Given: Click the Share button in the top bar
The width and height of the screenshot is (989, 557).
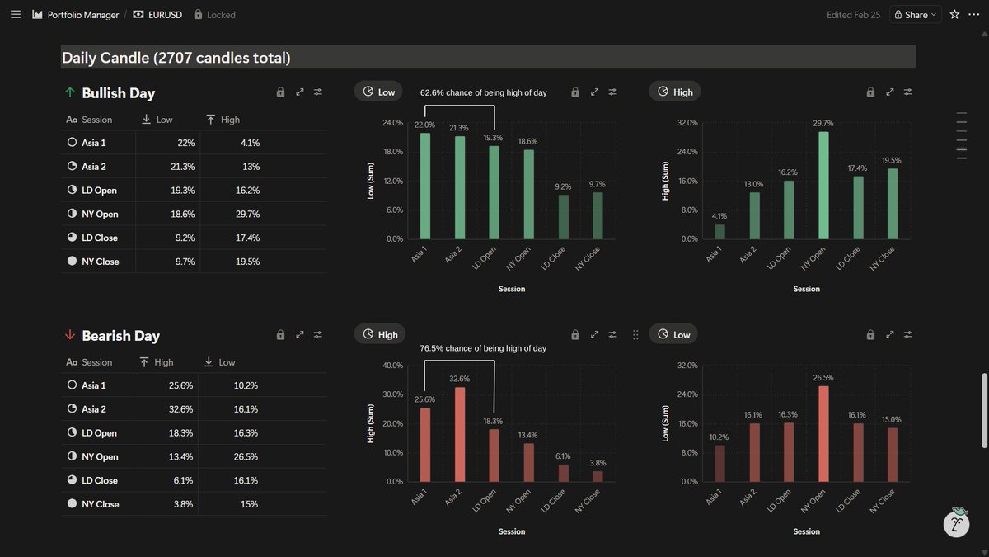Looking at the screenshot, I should (x=915, y=14).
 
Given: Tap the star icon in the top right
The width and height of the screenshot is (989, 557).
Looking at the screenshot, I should (x=954, y=14).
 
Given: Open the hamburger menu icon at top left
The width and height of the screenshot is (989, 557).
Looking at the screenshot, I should (x=15, y=14).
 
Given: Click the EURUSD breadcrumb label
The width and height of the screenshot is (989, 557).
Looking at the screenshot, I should (x=165, y=14).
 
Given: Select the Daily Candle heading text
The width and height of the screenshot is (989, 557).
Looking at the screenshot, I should (x=176, y=58).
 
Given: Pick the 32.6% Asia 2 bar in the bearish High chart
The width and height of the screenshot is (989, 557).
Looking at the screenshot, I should (x=459, y=434).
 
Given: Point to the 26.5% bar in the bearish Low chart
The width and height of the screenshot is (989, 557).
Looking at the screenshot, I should (x=823, y=433).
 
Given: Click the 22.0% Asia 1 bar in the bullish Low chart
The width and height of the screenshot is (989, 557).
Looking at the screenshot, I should (x=424, y=186).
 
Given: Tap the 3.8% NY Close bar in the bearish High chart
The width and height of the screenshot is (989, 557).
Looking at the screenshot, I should (x=598, y=476).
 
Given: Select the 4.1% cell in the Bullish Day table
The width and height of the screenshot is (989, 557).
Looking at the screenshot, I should (x=249, y=143).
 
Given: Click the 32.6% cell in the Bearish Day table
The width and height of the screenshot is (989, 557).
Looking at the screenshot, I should (x=181, y=409).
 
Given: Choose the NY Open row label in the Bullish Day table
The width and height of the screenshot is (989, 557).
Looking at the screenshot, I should (x=100, y=214).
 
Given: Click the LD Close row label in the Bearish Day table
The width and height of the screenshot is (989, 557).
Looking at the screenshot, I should (x=100, y=480).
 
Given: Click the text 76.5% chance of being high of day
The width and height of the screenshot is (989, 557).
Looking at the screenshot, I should (x=483, y=348).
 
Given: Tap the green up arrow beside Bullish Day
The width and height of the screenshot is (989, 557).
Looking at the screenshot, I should (x=70, y=92).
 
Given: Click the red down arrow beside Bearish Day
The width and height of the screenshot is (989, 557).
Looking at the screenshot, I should (x=70, y=335).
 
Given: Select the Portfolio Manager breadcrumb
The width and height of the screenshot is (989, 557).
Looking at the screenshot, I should (x=83, y=14).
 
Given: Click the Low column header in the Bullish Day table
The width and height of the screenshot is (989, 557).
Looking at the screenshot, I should (x=164, y=120).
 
